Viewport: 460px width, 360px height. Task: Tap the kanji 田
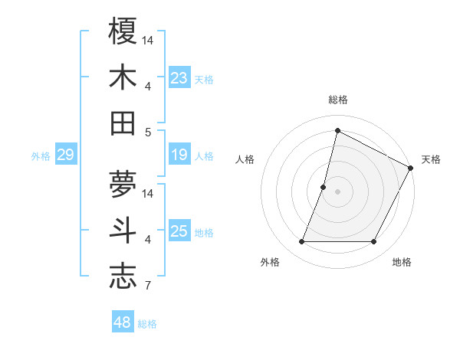tap(123, 123)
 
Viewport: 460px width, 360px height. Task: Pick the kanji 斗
tap(123, 231)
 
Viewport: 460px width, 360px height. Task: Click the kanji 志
tap(123, 277)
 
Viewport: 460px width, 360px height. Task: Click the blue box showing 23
tap(179, 77)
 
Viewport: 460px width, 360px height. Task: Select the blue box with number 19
tap(179, 155)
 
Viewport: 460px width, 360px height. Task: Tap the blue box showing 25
tap(179, 232)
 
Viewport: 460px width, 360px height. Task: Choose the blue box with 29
tap(66, 155)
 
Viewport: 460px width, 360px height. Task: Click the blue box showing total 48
tap(123, 322)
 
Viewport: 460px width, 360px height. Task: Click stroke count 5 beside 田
tap(147, 132)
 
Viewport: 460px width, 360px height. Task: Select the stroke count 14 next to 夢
tap(149, 193)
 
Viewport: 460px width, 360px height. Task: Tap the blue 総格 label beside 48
tap(147, 324)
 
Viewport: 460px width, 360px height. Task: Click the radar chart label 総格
tap(337, 100)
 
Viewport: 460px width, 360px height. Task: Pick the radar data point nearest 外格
tap(301, 242)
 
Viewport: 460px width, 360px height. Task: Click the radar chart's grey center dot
tap(337, 191)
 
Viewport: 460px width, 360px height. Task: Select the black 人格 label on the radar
tap(245, 159)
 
